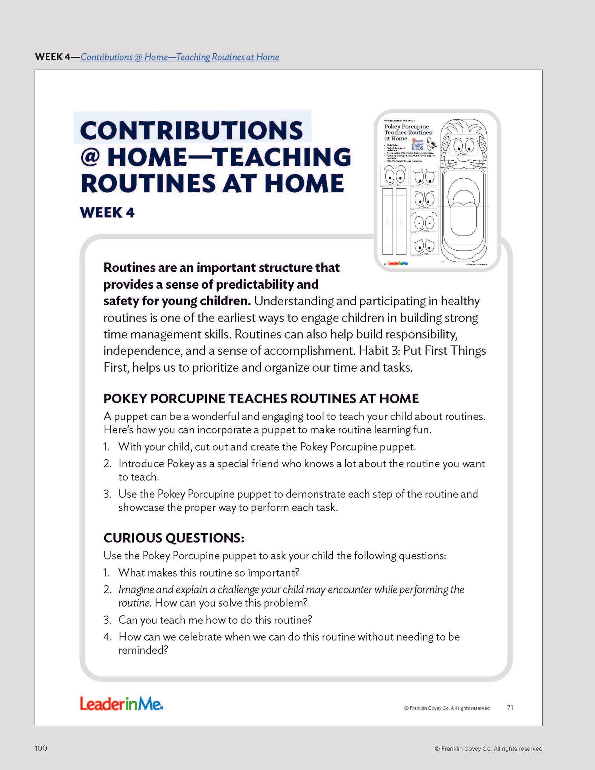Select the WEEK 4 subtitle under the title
[x=107, y=212]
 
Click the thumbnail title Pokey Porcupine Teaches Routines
[x=408, y=129]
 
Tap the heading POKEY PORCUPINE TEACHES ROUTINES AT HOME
[x=261, y=399]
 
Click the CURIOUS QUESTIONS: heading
[x=174, y=538]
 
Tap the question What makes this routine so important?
[x=208, y=573]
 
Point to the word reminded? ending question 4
[x=143, y=650]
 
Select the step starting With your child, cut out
[x=267, y=447]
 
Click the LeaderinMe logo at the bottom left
[x=121, y=704]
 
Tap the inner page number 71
[x=510, y=707]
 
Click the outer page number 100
[x=41, y=748]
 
